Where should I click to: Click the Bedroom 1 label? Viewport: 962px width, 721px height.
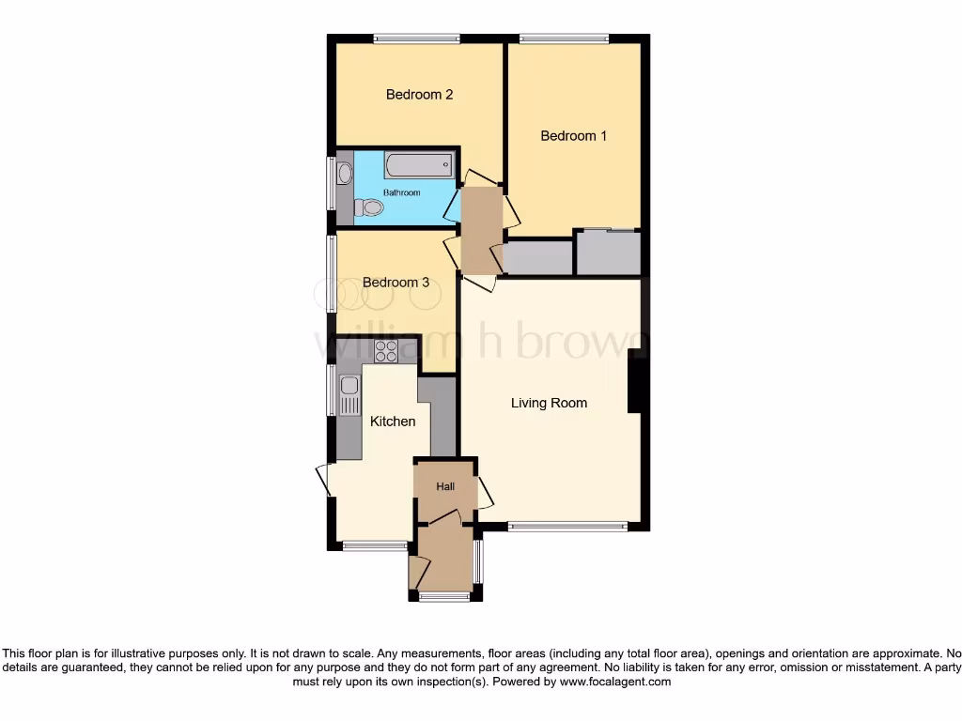[573, 136]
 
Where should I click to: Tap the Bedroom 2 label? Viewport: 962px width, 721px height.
[420, 95]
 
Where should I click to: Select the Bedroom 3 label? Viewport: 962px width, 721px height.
[396, 283]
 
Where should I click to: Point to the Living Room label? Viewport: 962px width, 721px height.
[549, 404]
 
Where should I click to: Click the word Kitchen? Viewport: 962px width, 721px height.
[393, 422]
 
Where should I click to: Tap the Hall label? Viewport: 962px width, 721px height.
[445, 487]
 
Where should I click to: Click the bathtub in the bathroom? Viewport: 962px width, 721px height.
[419, 165]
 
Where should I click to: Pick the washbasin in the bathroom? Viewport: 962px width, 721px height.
[344, 173]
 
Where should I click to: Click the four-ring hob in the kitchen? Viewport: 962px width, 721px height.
[386, 351]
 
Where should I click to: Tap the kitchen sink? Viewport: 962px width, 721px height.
[349, 387]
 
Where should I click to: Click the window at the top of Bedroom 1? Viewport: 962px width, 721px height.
[564, 38]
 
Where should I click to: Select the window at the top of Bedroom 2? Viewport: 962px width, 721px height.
[416, 38]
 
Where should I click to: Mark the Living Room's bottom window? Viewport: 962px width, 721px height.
[567, 527]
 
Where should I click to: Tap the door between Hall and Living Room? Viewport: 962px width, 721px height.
[485, 492]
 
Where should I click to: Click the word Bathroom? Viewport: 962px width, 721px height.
[401, 192]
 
